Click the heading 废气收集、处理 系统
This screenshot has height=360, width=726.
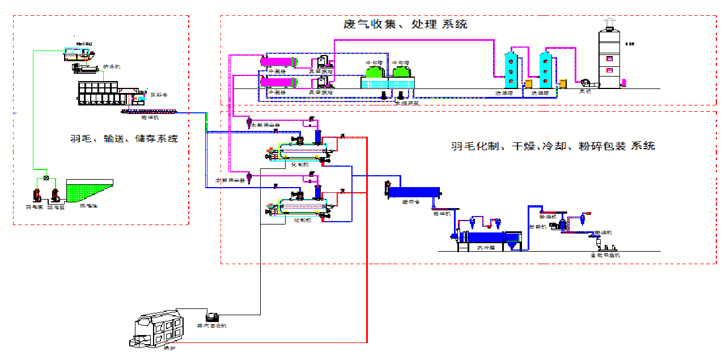[x=405, y=24]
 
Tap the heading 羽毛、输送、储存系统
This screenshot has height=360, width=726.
[x=124, y=138]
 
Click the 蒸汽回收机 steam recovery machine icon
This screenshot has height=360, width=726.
[x=212, y=317]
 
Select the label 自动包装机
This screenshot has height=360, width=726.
[x=605, y=256]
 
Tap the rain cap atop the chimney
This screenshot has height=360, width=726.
[x=610, y=23]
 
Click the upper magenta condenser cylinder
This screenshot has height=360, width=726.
[x=279, y=61]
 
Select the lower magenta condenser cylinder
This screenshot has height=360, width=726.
[x=278, y=83]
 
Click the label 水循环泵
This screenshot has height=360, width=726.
[x=406, y=103]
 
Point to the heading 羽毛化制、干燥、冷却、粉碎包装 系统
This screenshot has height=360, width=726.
[x=553, y=146]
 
